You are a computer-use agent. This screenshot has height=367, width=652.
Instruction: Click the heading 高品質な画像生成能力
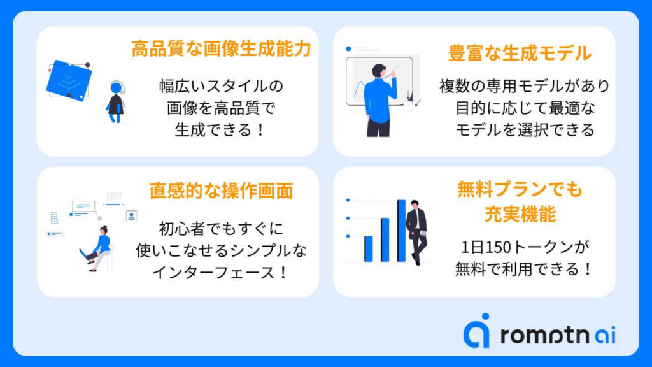coord(221,48)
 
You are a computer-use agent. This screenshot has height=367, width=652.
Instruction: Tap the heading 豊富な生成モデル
coord(520,54)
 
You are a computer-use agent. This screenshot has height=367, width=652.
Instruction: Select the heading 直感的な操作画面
coord(221,191)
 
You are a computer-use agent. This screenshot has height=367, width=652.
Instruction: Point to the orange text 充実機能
coord(520,214)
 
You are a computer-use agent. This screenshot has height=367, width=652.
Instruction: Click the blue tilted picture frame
coord(69,81)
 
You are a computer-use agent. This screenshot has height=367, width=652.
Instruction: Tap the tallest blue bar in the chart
coord(401,231)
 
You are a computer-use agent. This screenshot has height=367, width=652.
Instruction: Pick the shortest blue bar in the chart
coord(369,249)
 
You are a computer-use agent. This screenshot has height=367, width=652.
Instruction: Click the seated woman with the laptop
coord(97,249)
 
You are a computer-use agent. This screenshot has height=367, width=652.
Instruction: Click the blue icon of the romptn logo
coord(476,331)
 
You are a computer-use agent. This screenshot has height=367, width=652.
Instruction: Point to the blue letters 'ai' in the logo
coord(606,335)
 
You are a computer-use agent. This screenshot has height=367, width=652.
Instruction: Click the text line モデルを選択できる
coord(525,130)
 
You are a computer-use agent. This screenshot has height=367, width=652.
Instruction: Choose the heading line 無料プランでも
coord(520,189)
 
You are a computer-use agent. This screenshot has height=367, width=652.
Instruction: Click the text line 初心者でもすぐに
coord(221,229)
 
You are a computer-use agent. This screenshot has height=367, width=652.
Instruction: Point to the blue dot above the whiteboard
coord(348,49)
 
